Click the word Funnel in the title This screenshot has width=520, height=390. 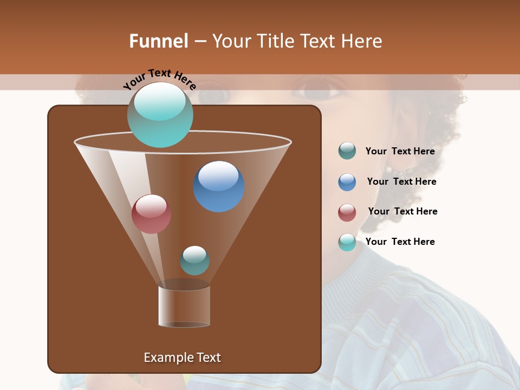pyautogui.click(x=158, y=41)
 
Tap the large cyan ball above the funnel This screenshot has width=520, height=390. pyautogui.click(x=160, y=115)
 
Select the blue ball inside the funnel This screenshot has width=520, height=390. pyautogui.click(x=218, y=186)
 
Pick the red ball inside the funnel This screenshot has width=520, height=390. pyautogui.click(x=151, y=214)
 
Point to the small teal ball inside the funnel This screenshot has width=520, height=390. pyautogui.click(x=194, y=260)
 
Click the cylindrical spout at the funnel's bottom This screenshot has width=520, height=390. pyautogui.click(x=184, y=306)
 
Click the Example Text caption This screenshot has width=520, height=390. pyautogui.click(x=182, y=357)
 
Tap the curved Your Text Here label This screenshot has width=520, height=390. pyautogui.click(x=159, y=79)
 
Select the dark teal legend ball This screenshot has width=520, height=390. pyautogui.click(x=347, y=151)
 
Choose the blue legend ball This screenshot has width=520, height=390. pyautogui.click(x=347, y=182)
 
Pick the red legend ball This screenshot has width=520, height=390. pyautogui.click(x=347, y=212)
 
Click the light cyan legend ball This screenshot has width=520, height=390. pyautogui.click(x=347, y=243)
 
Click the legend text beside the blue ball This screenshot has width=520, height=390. pyautogui.click(x=401, y=182)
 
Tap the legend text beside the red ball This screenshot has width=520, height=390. pyautogui.click(x=402, y=212)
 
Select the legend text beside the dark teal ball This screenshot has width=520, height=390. pyautogui.click(x=400, y=152)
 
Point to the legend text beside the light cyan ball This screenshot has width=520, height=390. pyautogui.click(x=400, y=242)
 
